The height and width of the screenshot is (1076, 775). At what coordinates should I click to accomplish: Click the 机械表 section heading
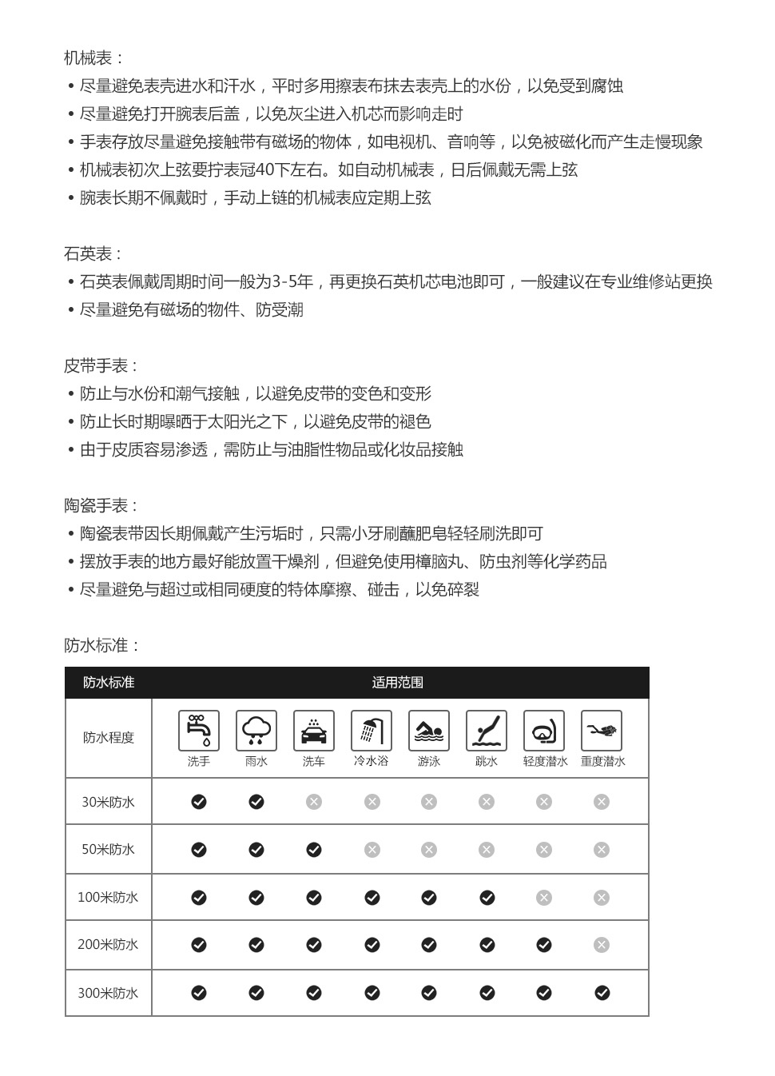[93, 58]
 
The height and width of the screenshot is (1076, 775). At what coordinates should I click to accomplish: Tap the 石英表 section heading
[93, 254]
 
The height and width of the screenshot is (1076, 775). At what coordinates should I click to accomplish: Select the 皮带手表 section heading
[101, 366]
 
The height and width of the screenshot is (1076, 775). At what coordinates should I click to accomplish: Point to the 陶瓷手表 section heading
[101, 506]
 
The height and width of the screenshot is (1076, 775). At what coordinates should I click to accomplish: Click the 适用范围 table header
[397, 683]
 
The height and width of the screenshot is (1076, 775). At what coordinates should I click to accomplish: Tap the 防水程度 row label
[109, 738]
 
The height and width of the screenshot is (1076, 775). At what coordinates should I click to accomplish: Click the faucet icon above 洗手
[199, 730]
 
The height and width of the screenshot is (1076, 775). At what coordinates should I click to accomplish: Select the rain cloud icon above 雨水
[256, 730]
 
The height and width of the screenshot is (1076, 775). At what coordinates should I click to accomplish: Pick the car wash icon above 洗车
[314, 730]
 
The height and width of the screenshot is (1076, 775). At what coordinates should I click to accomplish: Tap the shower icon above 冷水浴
[372, 730]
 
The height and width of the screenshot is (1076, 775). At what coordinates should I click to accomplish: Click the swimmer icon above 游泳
[429, 730]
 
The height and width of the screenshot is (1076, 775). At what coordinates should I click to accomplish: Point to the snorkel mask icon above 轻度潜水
[544, 730]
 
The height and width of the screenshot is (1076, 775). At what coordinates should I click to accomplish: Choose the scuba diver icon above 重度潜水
[602, 730]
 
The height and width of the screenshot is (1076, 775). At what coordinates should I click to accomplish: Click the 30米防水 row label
[109, 802]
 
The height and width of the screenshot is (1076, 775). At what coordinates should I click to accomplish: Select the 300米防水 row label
[109, 994]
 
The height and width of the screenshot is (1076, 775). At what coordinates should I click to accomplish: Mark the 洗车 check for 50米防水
[314, 850]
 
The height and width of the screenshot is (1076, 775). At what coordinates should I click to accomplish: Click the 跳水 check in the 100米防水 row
[487, 898]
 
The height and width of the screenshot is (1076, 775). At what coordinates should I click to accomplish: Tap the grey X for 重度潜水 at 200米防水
[602, 945]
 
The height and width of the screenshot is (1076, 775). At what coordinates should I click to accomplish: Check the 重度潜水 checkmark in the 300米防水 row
[602, 993]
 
